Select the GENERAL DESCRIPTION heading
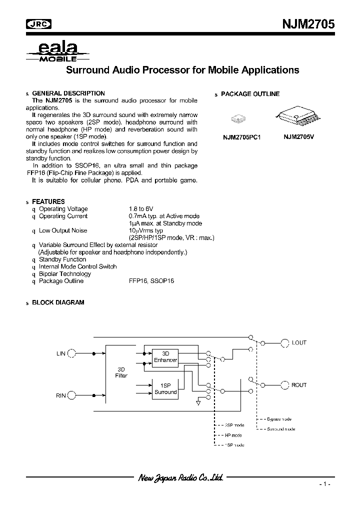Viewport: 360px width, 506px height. point(68,93)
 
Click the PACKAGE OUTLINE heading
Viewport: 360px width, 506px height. point(250,94)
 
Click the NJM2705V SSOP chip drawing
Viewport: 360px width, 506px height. point(297,118)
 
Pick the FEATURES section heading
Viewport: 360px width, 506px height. point(48,201)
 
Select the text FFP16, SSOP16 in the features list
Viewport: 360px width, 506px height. point(151,281)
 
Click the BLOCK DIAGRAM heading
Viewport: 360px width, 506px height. point(58,302)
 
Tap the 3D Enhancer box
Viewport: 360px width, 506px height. point(165,356)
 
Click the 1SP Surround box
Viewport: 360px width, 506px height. point(165,388)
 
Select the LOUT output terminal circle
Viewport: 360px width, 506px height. point(284,343)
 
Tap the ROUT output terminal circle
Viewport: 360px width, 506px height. point(284,385)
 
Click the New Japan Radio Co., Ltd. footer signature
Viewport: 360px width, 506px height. point(180,478)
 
